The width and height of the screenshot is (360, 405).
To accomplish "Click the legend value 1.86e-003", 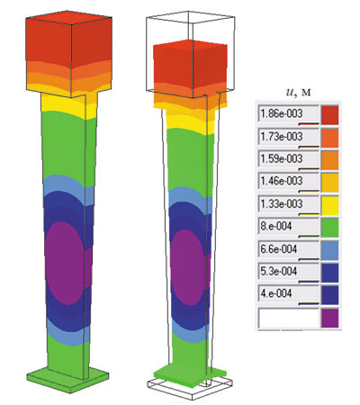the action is tap(282, 113).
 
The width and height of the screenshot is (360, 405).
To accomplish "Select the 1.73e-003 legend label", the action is tap(282, 137).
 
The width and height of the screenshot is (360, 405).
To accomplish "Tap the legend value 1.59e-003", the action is tap(282, 158).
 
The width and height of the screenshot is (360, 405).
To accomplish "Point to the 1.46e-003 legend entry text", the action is tap(282, 181).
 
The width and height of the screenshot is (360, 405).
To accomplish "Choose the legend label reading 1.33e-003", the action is tap(282, 203).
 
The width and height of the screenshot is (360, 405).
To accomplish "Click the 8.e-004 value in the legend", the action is tap(276, 226).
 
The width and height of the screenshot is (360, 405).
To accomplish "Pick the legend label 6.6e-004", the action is tap(279, 248).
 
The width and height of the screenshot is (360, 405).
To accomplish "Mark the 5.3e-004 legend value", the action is tap(279, 271).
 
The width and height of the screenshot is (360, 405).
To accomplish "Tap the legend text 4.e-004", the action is tap(276, 293).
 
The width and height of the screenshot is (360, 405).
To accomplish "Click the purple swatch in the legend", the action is tap(330, 319).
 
